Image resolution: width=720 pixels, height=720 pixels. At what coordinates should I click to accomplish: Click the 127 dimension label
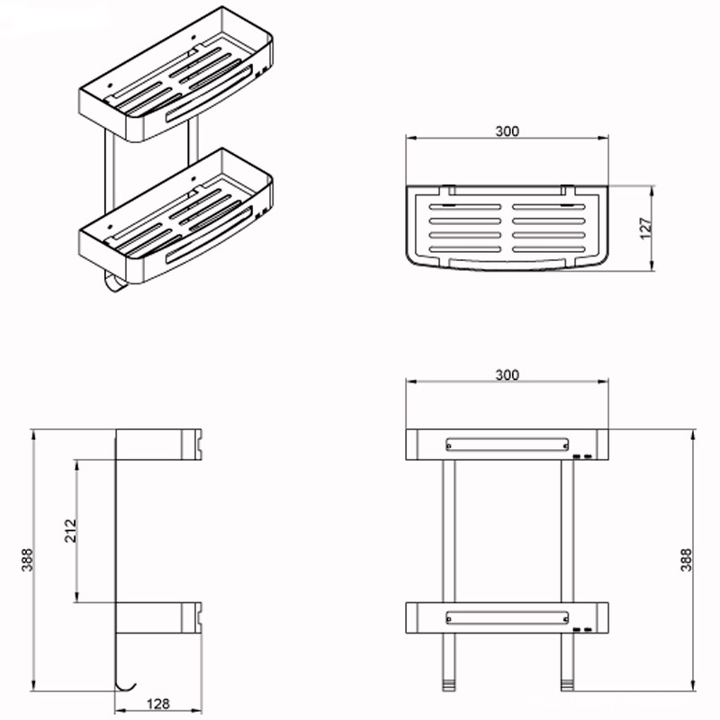pyautogui.click(x=645, y=229)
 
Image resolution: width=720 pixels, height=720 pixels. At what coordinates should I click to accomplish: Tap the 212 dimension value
pyautogui.click(x=70, y=531)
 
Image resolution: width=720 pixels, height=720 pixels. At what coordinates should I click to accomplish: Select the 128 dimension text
pyautogui.click(x=158, y=704)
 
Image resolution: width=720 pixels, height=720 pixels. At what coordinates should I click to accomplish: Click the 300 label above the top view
pyautogui.click(x=507, y=131)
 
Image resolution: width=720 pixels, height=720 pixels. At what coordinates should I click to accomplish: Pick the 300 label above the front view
pyautogui.click(x=507, y=375)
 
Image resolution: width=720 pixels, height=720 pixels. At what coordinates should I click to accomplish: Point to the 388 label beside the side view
pyautogui.click(x=27, y=560)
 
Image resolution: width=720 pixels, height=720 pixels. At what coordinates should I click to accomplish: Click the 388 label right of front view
pyautogui.click(x=685, y=560)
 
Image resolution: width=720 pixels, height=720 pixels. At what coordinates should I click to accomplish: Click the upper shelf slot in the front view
pyautogui.click(x=507, y=445)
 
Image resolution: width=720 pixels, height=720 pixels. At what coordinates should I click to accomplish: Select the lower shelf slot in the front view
pyautogui.click(x=507, y=617)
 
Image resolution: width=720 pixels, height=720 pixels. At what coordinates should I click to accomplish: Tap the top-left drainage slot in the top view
pyautogui.click(x=465, y=207)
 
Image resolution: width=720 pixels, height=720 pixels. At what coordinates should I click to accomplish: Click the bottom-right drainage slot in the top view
pyautogui.click(x=549, y=249)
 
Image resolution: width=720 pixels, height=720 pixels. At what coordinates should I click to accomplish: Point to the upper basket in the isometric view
pyautogui.click(x=176, y=75)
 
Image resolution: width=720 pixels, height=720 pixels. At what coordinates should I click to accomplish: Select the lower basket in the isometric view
pyautogui.click(x=176, y=216)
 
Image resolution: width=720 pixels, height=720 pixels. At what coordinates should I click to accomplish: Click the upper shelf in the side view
pyautogui.click(x=158, y=445)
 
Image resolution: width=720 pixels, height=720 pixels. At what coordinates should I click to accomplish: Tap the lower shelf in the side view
pyautogui.click(x=158, y=617)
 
